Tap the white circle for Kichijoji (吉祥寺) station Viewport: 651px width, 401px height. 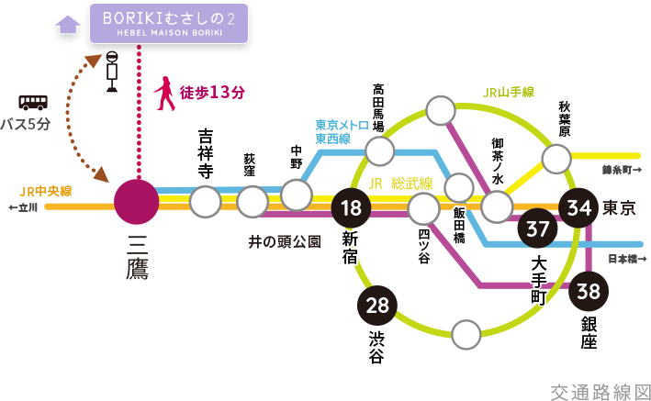[x=206, y=201]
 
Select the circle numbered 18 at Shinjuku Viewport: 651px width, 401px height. [x=351, y=207]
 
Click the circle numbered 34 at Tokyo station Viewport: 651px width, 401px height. [x=580, y=207]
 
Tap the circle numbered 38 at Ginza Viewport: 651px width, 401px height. [x=589, y=292]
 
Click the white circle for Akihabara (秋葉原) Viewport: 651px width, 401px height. [x=556, y=159]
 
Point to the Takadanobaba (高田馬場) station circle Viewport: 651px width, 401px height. [x=379, y=150]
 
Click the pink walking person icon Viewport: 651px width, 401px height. [x=165, y=94]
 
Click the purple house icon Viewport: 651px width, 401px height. [x=68, y=23]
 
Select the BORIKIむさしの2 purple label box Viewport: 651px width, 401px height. [x=168, y=23]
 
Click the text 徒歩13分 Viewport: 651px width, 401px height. [x=213, y=93]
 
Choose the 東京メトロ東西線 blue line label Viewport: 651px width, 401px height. [x=338, y=131]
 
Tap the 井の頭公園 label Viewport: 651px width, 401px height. [x=284, y=242]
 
